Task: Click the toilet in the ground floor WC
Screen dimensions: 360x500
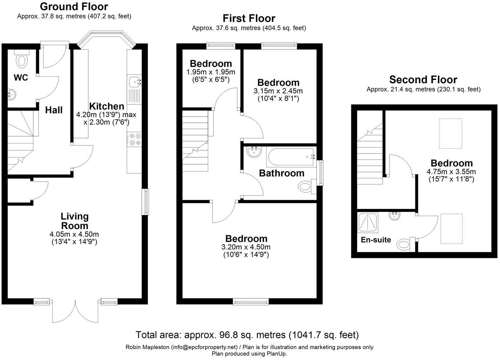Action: coord(22,60)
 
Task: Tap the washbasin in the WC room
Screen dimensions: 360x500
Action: coord(11,94)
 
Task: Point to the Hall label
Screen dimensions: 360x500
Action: coord(54,110)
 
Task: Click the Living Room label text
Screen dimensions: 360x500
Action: coord(74,221)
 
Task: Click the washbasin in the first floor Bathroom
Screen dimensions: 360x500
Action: coord(254,151)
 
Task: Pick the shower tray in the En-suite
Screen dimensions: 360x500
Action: coord(368,222)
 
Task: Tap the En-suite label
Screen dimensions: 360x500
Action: coord(376,240)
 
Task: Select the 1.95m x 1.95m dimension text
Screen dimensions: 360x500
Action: coord(211,72)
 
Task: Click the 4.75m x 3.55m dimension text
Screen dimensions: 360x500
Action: coord(451,172)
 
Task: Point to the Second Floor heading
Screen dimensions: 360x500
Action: coord(423,80)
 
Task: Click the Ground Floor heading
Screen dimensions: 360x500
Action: coord(74,7)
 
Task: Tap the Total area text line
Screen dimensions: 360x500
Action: coord(247,335)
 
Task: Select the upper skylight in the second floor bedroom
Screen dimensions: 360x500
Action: coord(451,133)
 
